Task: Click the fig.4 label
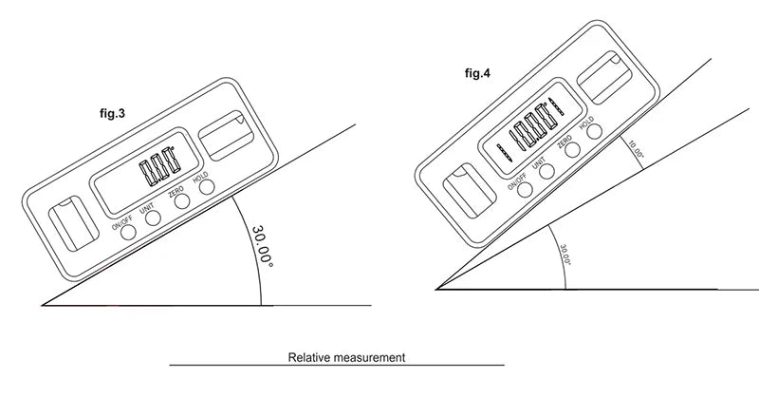pos(478,71)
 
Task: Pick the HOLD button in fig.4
pos(595,132)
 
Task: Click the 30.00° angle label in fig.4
pos(564,256)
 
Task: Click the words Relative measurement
pos(346,358)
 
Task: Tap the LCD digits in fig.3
pos(157,169)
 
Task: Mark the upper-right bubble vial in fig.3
pos(226,134)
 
